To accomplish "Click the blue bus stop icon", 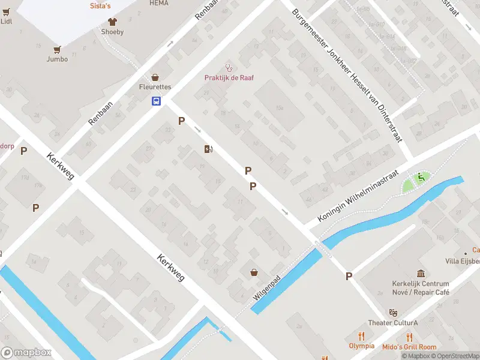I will pos(155,101).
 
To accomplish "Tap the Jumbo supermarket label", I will pos(57,59).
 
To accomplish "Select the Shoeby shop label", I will pos(112,32).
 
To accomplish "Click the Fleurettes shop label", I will pos(155,87).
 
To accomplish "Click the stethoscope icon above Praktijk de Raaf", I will pos(228,67).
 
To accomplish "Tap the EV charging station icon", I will pos(208,149).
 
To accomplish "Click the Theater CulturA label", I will pos(393,323).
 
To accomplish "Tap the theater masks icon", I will pos(393,313).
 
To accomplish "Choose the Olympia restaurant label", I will pos(361,346).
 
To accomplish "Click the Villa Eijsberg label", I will pos(462,261).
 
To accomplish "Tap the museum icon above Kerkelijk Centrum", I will pos(421,274).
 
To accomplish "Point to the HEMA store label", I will pos(159,3).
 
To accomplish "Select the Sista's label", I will pos(100,5).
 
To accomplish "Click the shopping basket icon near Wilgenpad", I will pos(255,272).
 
